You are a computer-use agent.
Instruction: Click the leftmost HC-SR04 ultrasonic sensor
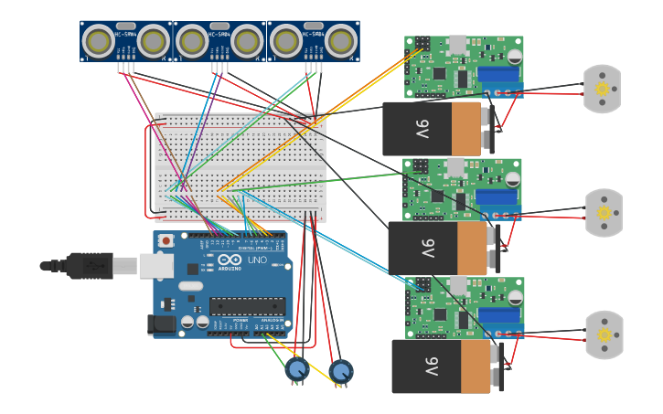(x=126, y=41)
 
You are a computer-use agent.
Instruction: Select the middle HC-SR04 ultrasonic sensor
(x=219, y=41)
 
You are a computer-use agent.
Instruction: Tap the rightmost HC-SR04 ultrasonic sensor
(x=313, y=41)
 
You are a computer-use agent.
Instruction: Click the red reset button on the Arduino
(x=166, y=241)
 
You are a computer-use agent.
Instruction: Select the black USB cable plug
(x=87, y=266)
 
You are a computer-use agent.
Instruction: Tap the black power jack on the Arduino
(x=161, y=324)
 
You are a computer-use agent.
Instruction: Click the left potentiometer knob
(x=296, y=369)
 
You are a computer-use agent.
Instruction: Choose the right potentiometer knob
(x=341, y=371)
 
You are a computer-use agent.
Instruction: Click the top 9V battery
(x=437, y=128)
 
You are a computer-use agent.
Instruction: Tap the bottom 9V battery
(x=444, y=366)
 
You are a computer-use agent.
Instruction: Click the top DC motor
(x=602, y=89)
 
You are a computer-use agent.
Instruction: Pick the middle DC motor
(x=604, y=213)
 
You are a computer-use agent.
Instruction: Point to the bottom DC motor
(x=604, y=334)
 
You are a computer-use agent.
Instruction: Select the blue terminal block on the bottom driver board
(x=499, y=316)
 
